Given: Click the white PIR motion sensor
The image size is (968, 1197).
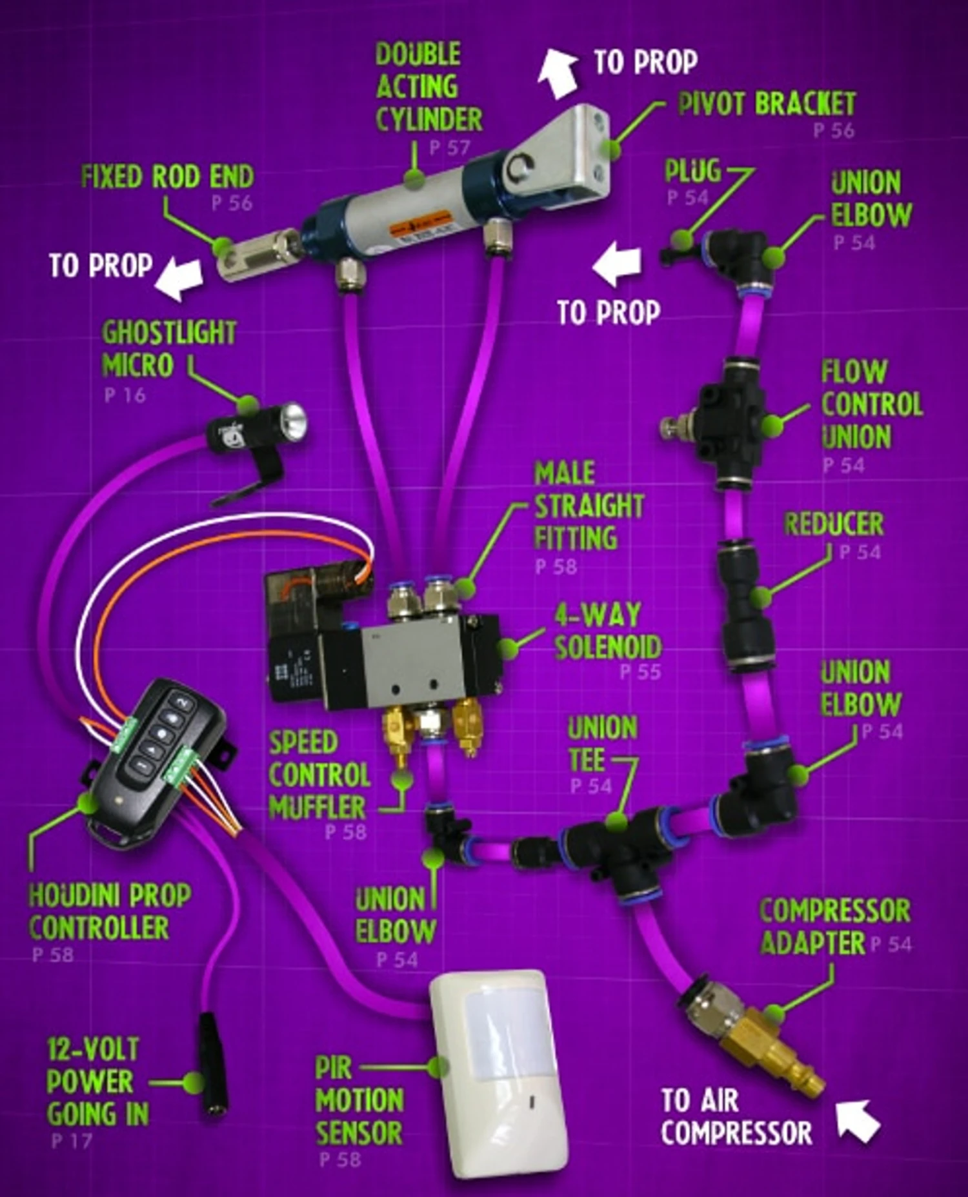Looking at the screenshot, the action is pyautogui.click(x=499, y=1073).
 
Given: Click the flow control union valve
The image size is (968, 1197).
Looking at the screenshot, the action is pyautogui.click(x=727, y=426).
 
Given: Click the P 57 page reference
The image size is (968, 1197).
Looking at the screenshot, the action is pyautogui.click(x=450, y=148).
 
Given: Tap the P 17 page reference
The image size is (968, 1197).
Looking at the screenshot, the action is pyautogui.click(x=72, y=1141).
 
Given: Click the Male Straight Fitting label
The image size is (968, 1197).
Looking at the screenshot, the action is pyautogui.click(x=589, y=506).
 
